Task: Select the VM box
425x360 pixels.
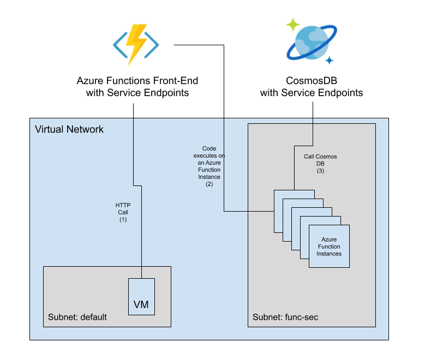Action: [x=141, y=297]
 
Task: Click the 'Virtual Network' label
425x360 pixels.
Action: [x=69, y=129]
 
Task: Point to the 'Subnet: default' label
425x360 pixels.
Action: [x=77, y=317]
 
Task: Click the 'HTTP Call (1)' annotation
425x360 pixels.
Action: [x=123, y=212]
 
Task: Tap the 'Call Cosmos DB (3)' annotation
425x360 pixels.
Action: [x=320, y=164]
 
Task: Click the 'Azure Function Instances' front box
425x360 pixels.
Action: [x=329, y=247]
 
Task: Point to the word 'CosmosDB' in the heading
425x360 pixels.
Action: [x=311, y=81]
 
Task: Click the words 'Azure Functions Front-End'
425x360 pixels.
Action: [x=137, y=81]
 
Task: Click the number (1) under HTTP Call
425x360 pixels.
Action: [x=123, y=219]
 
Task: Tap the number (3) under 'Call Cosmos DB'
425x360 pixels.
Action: [x=320, y=171]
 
